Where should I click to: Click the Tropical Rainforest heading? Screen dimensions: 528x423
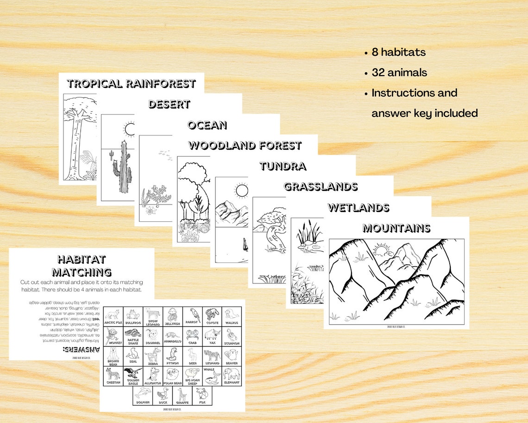(x=131, y=84)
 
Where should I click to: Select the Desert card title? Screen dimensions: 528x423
(x=169, y=104)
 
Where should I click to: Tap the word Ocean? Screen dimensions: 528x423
(x=207, y=125)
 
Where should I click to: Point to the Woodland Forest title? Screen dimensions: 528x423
(x=245, y=146)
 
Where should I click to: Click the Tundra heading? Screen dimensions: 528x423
(x=283, y=166)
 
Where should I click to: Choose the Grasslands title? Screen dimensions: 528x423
(x=321, y=186)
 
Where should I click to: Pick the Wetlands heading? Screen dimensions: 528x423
(x=358, y=207)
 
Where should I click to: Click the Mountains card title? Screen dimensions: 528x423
(x=396, y=228)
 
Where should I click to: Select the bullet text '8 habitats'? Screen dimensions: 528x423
(x=398, y=52)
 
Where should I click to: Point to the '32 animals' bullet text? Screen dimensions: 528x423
(x=399, y=73)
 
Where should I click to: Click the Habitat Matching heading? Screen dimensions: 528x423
(x=82, y=265)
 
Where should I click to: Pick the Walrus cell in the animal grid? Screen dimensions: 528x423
(x=232, y=317)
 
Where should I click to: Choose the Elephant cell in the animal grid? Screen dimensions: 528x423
(x=232, y=376)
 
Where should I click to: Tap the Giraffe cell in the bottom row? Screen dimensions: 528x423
(x=182, y=396)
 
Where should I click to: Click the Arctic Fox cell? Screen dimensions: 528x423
(x=113, y=317)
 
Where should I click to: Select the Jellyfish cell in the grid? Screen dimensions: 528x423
(x=172, y=317)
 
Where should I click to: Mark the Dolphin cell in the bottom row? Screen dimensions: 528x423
(x=143, y=396)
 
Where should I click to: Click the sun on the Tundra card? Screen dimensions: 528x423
(x=241, y=191)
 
